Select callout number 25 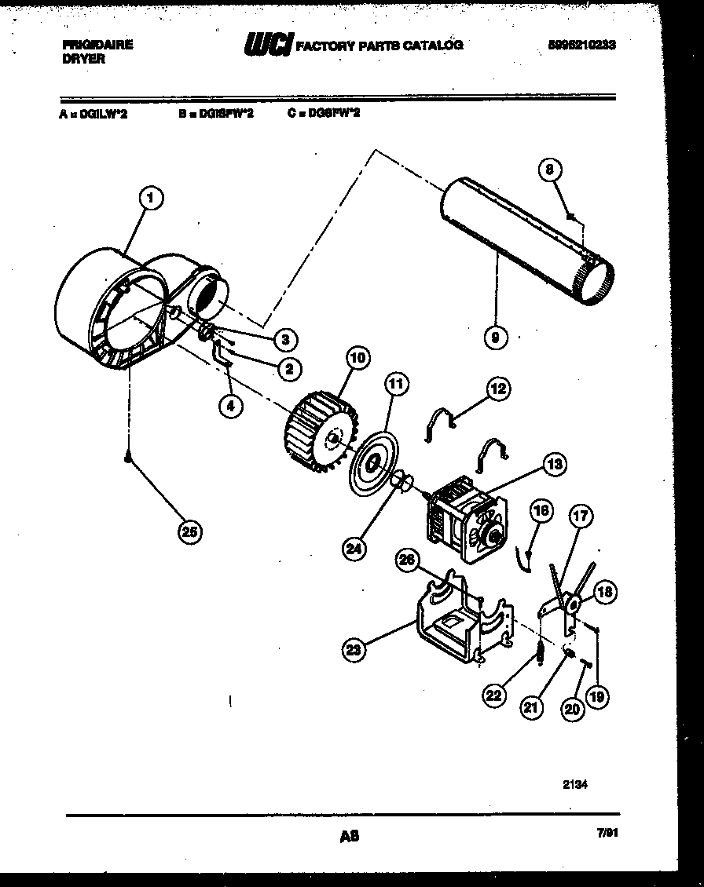point(189,531)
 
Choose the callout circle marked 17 point(581,517)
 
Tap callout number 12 point(497,388)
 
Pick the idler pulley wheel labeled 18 point(573,604)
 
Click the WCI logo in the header point(268,45)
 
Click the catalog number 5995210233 point(581,45)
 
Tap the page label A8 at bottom point(349,837)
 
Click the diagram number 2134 point(576,782)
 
